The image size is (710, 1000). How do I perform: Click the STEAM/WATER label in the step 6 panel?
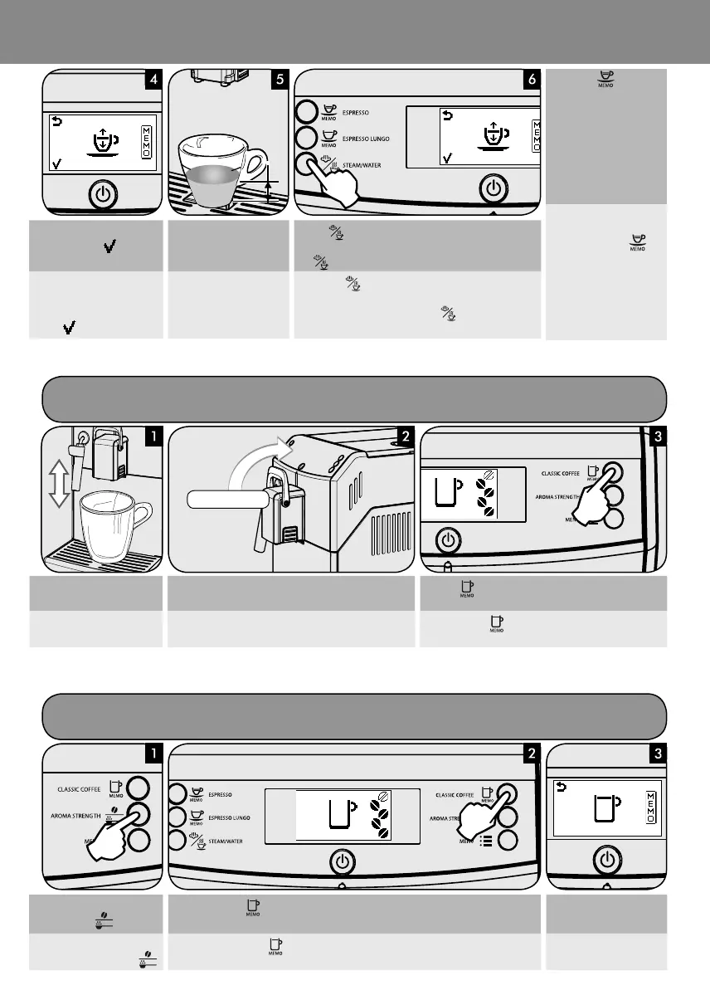(362, 164)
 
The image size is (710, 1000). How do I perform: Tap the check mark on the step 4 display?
(57, 165)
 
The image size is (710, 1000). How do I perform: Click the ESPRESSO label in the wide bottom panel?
(219, 793)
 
